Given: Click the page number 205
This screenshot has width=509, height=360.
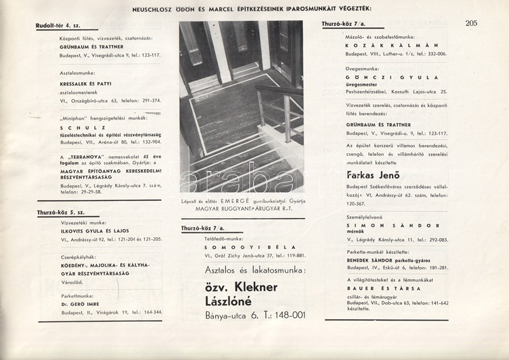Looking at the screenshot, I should coord(471,24).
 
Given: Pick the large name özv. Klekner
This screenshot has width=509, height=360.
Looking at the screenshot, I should coord(242,287).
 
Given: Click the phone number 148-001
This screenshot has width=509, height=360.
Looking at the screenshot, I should coord(283,315).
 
